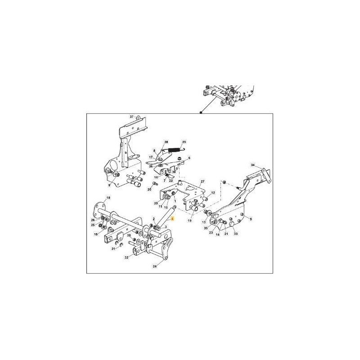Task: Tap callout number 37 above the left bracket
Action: click(x=132, y=117)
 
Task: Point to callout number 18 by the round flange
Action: click(x=108, y=198)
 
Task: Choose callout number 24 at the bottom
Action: click(x=155, y=266)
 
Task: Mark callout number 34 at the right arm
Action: click(x=253, y=166)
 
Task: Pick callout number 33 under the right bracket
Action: click(x=236, y=234)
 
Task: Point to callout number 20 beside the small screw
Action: click(x=149, y=189)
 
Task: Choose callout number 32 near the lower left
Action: click(x=126, y=257)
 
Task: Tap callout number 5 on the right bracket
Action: click(x=251, y=219)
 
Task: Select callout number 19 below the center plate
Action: click(x=190, y=221)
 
